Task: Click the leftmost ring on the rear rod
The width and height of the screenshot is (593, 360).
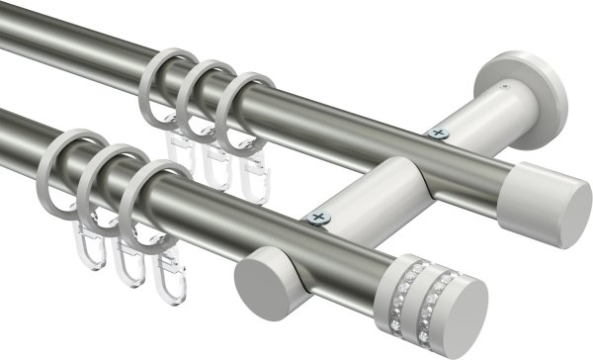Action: coord(163,79)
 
